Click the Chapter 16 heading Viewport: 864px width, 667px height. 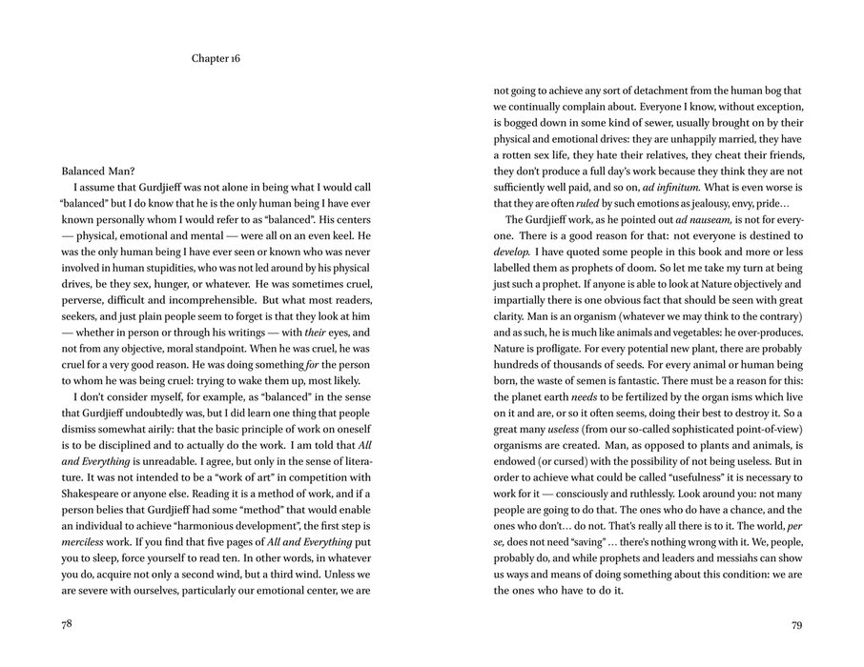pos(216,58)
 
